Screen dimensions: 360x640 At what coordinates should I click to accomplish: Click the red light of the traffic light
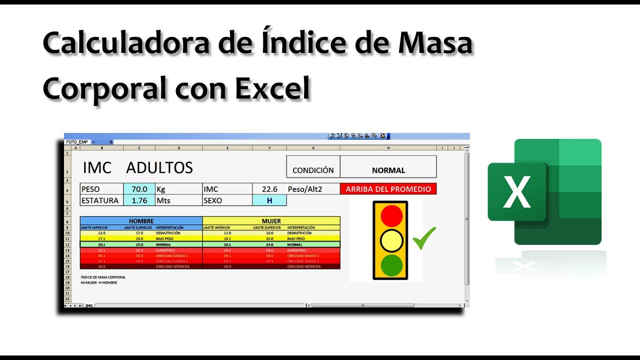click(x=391, y=215)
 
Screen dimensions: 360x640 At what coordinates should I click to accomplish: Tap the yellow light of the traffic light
click(x=391, y=241)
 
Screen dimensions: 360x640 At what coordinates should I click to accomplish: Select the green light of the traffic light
click(x=391, y=265)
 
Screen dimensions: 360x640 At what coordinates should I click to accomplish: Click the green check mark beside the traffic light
click(x=424, y=238)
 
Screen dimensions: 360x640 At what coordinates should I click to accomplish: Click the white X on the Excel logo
click(x=517, y=191)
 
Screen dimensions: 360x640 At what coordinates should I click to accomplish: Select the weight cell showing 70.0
click(x=139, y=189)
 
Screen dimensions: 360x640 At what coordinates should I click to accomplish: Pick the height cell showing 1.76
click(x=139, y=200)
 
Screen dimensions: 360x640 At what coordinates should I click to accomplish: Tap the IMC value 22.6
click(x=269, y=189)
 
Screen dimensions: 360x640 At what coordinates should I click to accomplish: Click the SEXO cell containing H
click(x=269, y=200)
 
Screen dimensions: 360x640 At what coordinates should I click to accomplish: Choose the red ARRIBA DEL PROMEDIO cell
click(x=388, y=189)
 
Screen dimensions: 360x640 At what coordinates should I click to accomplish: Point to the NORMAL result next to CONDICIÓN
click(x=388, y=170)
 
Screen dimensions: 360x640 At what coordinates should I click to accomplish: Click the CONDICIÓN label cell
click(x=313, y=170)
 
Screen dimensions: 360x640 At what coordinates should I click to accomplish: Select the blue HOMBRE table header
click(x=141, y=220)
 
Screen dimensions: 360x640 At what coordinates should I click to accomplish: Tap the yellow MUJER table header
click(x=271, y=220)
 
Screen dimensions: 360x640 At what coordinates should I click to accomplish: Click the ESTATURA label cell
click(x=101, y=200)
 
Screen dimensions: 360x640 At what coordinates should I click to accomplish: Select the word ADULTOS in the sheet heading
click(x=159, y=168)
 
